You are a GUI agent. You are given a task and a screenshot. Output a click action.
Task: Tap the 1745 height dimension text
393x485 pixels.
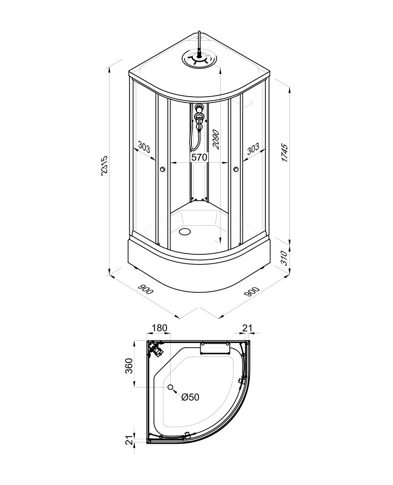pyautogui.click(x=284, y=153)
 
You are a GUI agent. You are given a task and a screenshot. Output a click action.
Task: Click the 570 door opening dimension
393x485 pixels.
pyautogui.click(x=199, y=157)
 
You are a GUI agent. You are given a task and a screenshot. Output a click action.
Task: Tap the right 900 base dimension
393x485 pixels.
pyautogui.click(x=252, y=291)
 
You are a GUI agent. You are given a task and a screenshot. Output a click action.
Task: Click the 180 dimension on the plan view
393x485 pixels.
pyautogui.click(x=160, y=327)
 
